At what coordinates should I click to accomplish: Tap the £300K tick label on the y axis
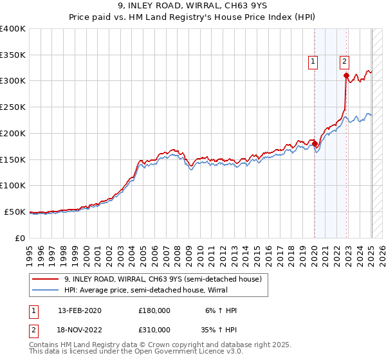point(13,81)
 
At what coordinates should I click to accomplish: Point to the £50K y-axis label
point(15,212)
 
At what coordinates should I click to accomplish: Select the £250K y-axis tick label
point(13,107)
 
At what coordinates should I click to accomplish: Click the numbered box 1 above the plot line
point(313,62)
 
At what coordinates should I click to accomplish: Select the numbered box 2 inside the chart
point(344,62)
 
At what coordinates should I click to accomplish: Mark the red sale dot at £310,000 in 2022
point(346,76)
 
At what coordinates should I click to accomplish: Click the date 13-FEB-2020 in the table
point(79,310)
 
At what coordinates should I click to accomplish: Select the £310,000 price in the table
point(154,329)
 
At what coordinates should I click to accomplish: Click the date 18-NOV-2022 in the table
point(80,329)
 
